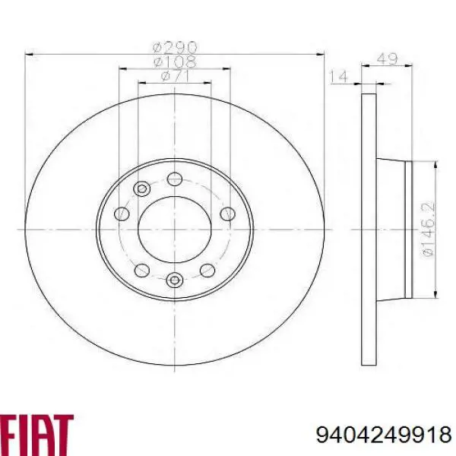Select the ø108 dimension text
click(x=174, y=61)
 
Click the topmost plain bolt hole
click(x=175, y=179)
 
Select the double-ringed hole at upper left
click(x=141, y=189)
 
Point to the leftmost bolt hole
click(x=122, y=214)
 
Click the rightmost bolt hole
click(x=226, y=214)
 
